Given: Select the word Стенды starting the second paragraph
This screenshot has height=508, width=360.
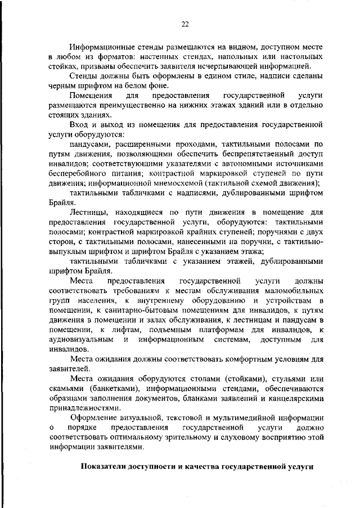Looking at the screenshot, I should point(83,77).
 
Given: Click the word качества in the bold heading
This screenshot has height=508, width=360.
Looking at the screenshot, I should point(201,467).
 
